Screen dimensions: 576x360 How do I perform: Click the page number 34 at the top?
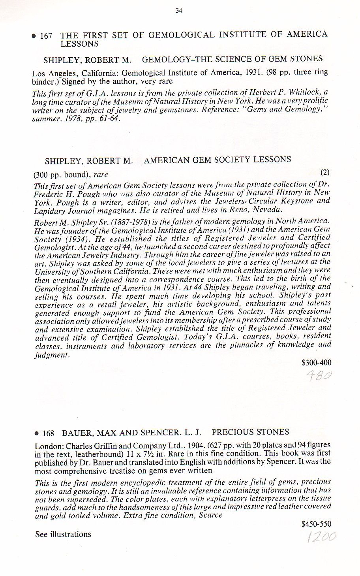coord(178,11)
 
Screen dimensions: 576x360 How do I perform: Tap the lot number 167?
coord(46,36)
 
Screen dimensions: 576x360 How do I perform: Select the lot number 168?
coord(48,433)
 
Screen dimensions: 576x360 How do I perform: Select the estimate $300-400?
coord(316,363)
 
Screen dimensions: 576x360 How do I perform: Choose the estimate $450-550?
coord(316,524)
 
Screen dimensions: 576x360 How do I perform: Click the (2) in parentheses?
coord(325,173)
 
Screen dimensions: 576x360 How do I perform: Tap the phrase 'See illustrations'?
coord(63,535)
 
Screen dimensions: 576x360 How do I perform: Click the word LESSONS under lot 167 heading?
coord(79,44)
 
